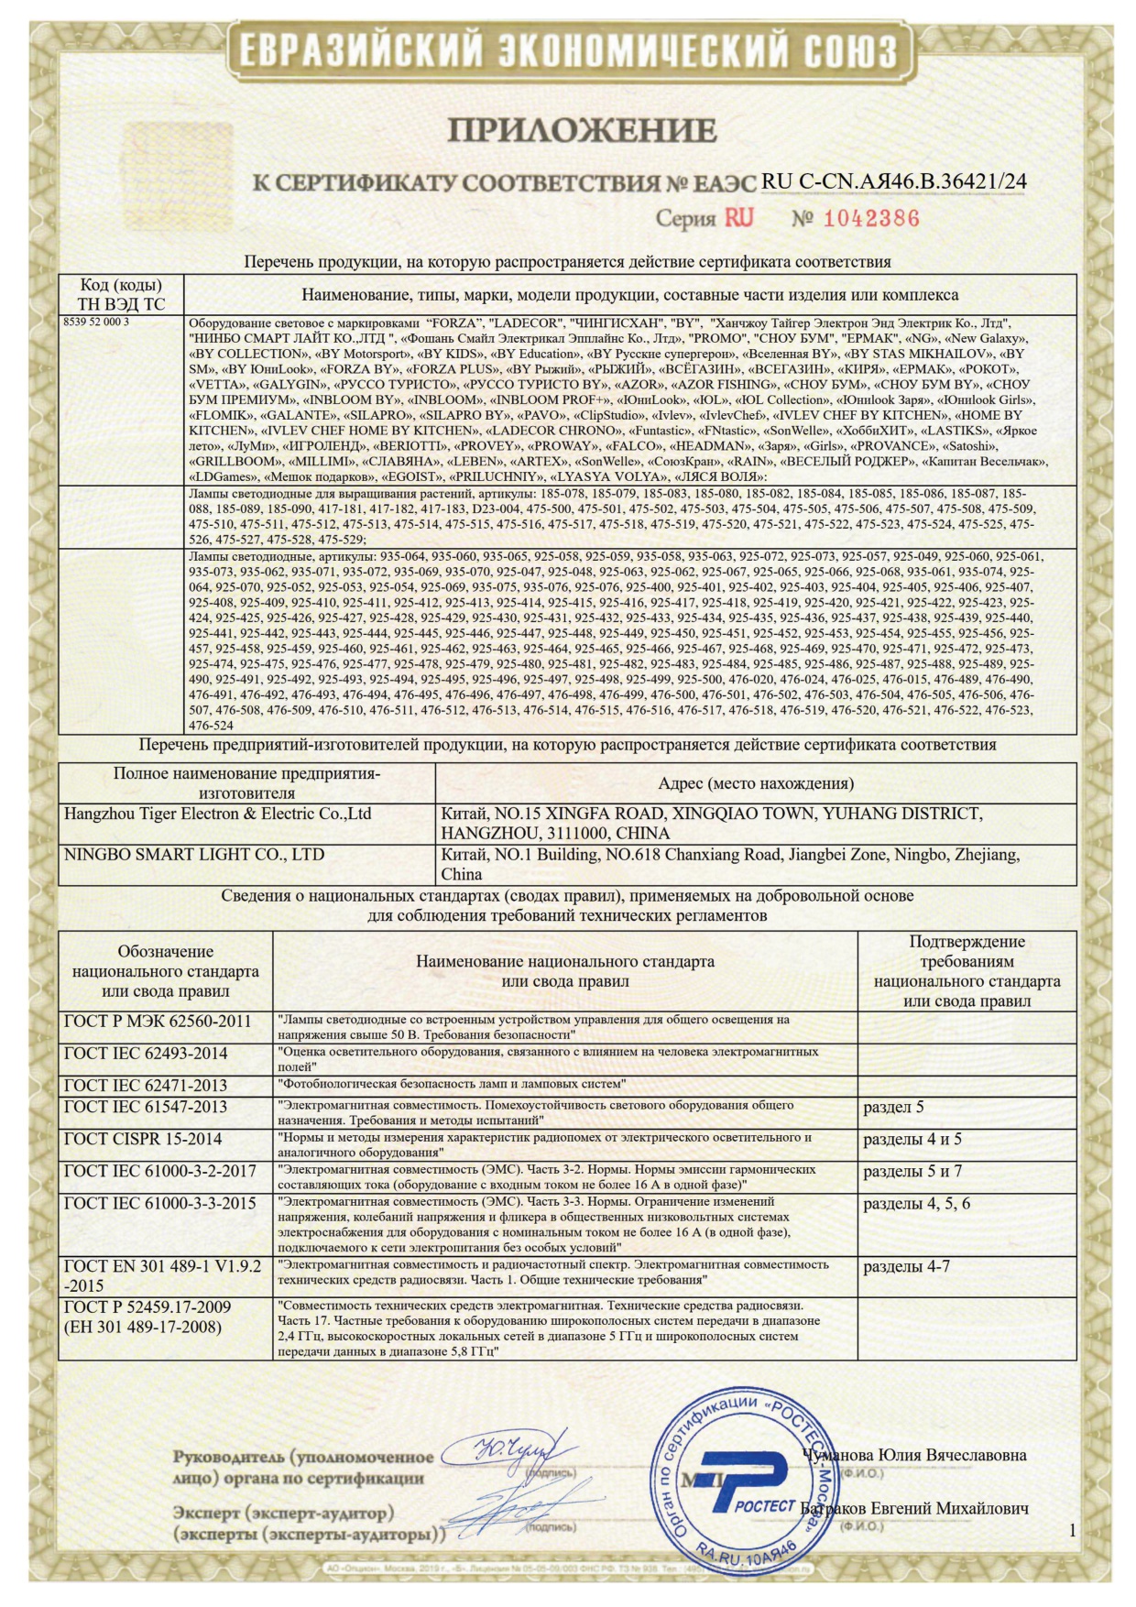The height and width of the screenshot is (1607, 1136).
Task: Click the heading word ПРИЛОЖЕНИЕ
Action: pyautogui.click(x=582, y=130)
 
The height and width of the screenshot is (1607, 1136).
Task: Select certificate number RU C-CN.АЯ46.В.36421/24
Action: pyautogui.click(x=893, y=181)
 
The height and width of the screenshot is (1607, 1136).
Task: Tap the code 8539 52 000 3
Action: pyautogui.click(x=96, y=322)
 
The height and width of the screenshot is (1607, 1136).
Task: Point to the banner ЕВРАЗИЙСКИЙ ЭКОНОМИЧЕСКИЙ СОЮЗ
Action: pyautogui.click(x=568, y=49)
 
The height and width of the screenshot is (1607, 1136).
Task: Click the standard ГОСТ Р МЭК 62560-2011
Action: pyautogui.click(x=158, y=1022)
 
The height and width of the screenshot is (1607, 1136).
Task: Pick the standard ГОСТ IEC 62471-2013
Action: pyautogui.click(x=146, y=1086)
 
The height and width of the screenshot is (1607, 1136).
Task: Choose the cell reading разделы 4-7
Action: pyautogui.click(x=907, y=1266)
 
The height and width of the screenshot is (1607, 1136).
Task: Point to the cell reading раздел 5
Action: pyautogui.click(x=893, y=1107)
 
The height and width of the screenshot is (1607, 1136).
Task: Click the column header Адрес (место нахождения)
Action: pyautogui.click(x=756, y=783)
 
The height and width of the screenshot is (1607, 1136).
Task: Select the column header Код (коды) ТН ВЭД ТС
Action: pyautogui.click(x=121, y=294)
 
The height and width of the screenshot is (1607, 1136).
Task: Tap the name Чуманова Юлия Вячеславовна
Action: pyautogui.click(x=913, y=1455)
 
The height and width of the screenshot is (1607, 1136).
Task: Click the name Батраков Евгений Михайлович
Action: pyautogui.click(x=914, y=1508)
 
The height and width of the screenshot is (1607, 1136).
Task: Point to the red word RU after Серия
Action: pyautogui.click(x=739, y=218)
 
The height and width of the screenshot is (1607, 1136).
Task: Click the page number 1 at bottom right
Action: pyautogui.click(x=1073, y=1530)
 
